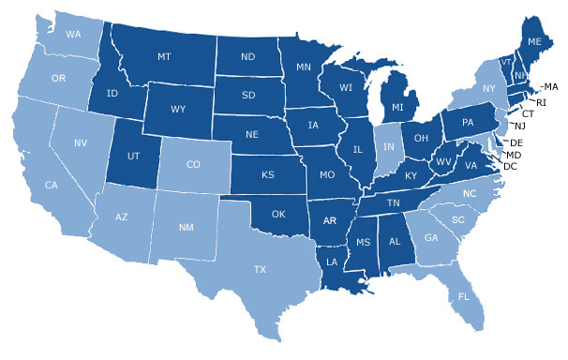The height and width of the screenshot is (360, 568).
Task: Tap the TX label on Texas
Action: point(260,268)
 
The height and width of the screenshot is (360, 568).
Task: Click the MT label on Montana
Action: point(164,57)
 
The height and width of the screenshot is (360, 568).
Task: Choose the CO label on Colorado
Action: point(194,165)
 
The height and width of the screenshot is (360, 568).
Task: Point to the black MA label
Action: point(550,86)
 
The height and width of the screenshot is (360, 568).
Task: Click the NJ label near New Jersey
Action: point(519,126)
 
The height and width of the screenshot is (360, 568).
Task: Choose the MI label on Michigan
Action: point(397,108)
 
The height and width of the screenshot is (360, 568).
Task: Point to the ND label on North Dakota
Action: point(248,55)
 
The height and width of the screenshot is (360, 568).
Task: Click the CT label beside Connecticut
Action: point(528,113)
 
